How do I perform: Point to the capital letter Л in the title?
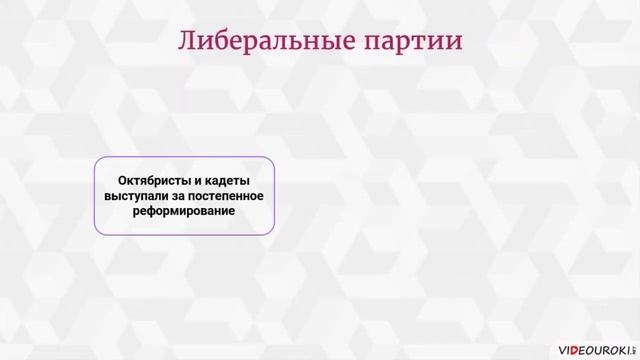(188, 42)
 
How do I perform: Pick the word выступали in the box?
(133, 196)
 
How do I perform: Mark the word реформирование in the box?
(184, 212)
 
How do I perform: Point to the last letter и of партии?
(455, 43)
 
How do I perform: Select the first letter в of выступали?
(106, 196)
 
